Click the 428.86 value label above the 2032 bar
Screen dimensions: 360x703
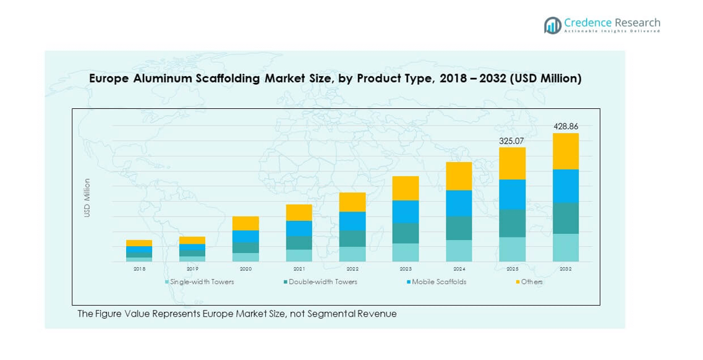[x=565, y=127]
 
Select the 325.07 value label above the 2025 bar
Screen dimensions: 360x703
[x=512, y=141]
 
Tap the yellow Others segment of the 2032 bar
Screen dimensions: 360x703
[x=565, y=151]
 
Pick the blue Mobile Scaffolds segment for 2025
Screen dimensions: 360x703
[x=512, y=194]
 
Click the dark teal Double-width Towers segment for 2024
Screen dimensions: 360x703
[x=459, y=228]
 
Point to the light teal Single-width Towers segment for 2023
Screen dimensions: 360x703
[x=406, y=252]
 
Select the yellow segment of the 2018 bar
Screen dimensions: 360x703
[x=139, y=243]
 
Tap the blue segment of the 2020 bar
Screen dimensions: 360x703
[x=245, y=236]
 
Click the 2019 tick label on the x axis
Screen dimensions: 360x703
[x=192, y=269]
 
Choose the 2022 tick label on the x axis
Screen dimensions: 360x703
[x=352, y=269]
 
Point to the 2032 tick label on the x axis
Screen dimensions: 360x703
[x=565, y=269]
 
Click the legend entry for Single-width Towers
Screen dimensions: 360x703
[x=202, y=282]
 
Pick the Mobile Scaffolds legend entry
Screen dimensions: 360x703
[x=438, y=282]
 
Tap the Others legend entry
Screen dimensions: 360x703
[x=531, y=282]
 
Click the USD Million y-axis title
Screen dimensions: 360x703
[x=87, y=197]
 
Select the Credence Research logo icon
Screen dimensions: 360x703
[x=552, y=25]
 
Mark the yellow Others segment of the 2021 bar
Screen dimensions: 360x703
[x=299, y=212]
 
